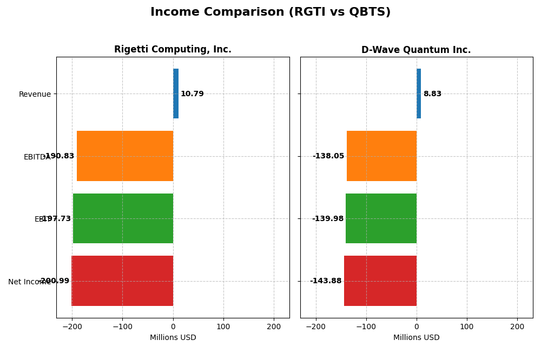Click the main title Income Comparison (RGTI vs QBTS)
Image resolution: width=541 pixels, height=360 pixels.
pos(270,12)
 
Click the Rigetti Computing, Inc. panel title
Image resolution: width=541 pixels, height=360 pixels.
pos(173,50)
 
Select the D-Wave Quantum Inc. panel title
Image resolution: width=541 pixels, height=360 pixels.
pos(416,50)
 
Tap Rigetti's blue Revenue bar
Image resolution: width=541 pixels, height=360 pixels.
pos(176,94)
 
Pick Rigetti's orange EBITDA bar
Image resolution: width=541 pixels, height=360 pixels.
pos(125,156)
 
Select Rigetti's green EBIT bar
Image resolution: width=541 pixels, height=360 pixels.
pos(123,218)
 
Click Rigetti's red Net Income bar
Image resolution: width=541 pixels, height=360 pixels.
pos(122,281)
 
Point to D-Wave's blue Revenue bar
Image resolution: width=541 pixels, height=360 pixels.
pos(419,94)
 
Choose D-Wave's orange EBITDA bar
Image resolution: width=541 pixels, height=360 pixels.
pos(381,156)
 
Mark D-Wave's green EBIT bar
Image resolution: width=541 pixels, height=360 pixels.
pos(381,218)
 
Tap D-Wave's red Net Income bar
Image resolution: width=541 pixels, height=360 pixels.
pos(380,281)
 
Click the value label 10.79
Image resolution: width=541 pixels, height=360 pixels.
pos(192,94)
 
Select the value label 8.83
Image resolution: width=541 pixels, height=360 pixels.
pos(432,94)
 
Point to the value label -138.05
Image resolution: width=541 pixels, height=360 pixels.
pos(328,156)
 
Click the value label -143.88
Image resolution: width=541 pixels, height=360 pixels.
pos(326,281)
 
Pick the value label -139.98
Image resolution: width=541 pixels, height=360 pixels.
pos(328,219)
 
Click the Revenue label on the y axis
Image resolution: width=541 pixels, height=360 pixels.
pos(35,95)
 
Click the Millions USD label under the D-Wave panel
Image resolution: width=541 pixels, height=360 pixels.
pos(416,338)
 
